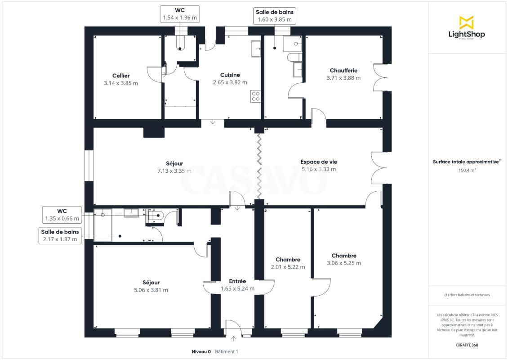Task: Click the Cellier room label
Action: pos(121,76)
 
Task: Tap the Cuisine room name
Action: pos(230,75)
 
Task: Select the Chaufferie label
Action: pos(343,70)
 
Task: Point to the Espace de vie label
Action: pos(319,162)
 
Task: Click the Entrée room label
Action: pos(237,281)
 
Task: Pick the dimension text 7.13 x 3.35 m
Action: pos(174,171)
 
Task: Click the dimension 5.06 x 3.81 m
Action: pos(151,290)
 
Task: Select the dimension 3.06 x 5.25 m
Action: pos(344,263)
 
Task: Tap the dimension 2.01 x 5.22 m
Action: pos(288,267)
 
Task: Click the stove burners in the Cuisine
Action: pos(256,96)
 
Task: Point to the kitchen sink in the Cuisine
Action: pos(256,49)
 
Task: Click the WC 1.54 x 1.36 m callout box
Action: pos(180,14)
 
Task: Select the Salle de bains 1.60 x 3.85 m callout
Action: pos(274,16)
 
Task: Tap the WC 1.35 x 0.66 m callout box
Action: pos(62,215)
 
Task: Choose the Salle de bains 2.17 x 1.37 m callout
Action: pos(60,235)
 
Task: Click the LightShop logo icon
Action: pos(467,22)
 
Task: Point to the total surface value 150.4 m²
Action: pos(467,170)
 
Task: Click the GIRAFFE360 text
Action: pos(467,345)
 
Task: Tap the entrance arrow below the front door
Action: pos(234,339)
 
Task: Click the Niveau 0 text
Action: pos(201,351)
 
